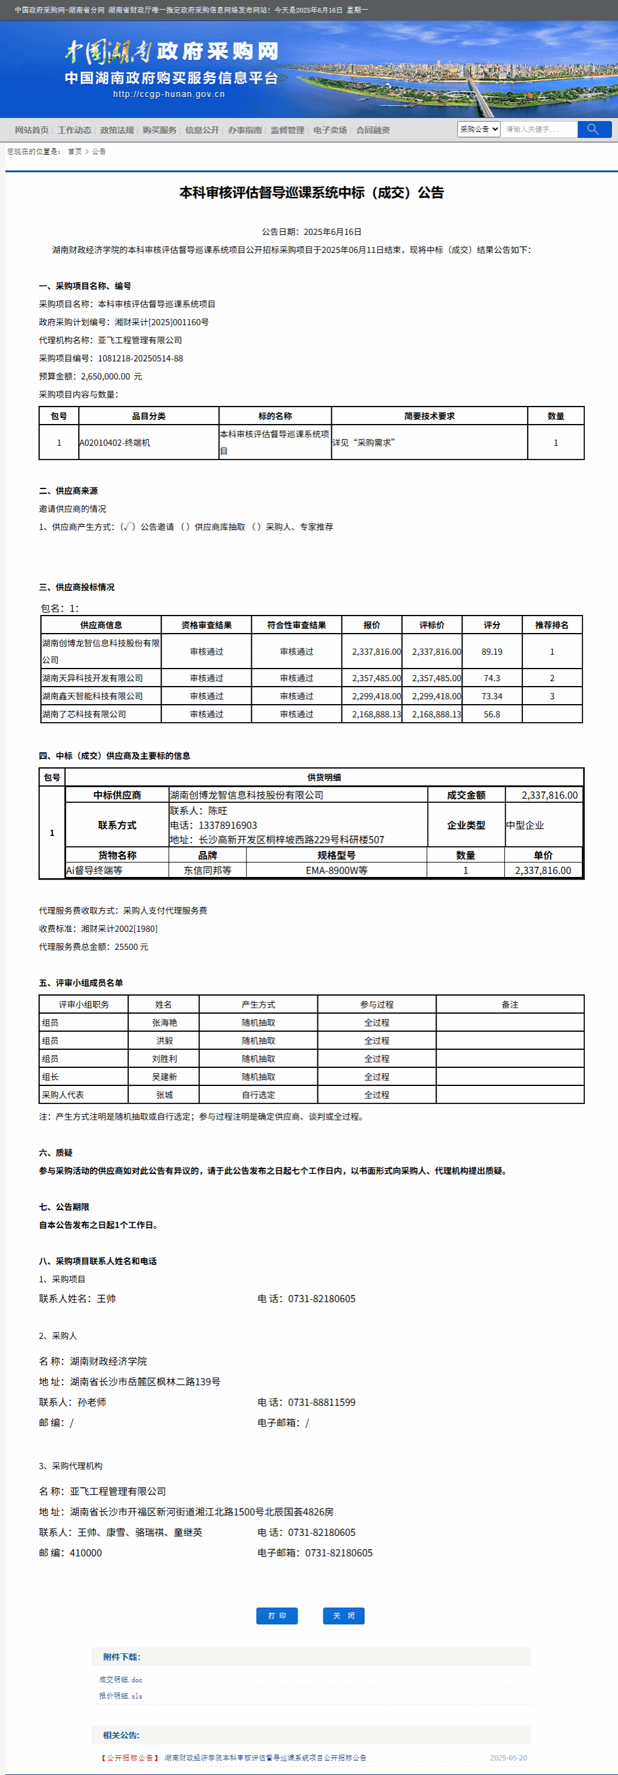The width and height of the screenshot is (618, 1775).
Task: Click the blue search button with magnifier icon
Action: [594, 129]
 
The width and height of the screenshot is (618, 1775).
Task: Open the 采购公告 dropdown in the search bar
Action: [478, 129]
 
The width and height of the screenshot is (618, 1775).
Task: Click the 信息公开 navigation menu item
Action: [202, 130]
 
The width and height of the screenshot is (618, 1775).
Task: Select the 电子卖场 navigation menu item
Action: [330, 130]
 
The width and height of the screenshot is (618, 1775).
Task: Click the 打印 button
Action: [277, 1616]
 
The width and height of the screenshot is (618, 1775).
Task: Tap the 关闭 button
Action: [344, 1616]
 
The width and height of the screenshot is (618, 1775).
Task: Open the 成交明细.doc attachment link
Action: [120, 1679]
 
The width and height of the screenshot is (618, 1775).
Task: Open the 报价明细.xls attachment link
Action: [120, 1695]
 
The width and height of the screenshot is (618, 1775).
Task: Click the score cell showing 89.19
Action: [492, 651]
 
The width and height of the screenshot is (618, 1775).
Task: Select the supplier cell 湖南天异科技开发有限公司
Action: [92, 678]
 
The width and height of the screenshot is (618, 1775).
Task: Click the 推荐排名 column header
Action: [552, 625]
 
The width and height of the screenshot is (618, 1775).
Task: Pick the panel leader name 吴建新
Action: [164, 1076]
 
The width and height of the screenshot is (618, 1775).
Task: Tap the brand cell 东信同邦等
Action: [207, 870]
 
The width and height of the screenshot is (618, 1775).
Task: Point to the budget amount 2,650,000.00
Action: [105, 376]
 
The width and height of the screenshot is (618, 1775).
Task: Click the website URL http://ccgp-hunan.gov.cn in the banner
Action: [169, 95]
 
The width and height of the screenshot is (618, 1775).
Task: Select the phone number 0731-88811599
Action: [322, 1402]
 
